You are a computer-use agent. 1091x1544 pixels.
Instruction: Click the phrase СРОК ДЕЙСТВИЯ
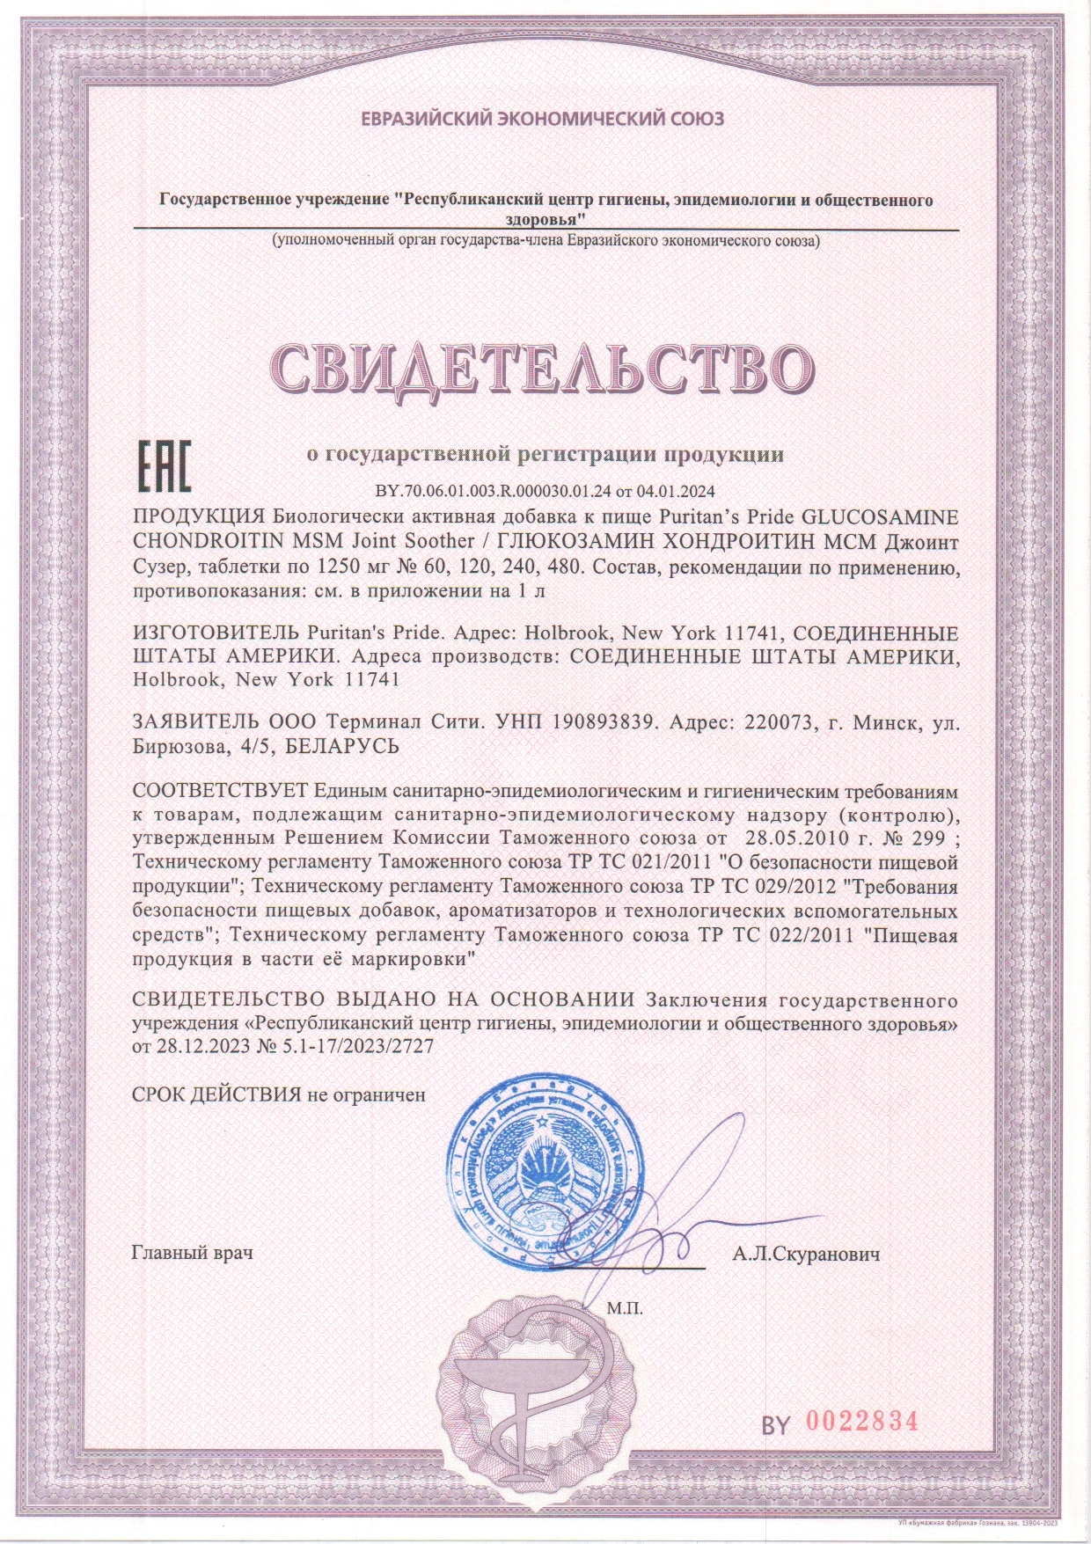216,1095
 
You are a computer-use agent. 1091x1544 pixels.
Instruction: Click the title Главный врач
192,1252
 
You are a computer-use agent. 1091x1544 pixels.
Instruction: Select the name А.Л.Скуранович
806,1253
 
